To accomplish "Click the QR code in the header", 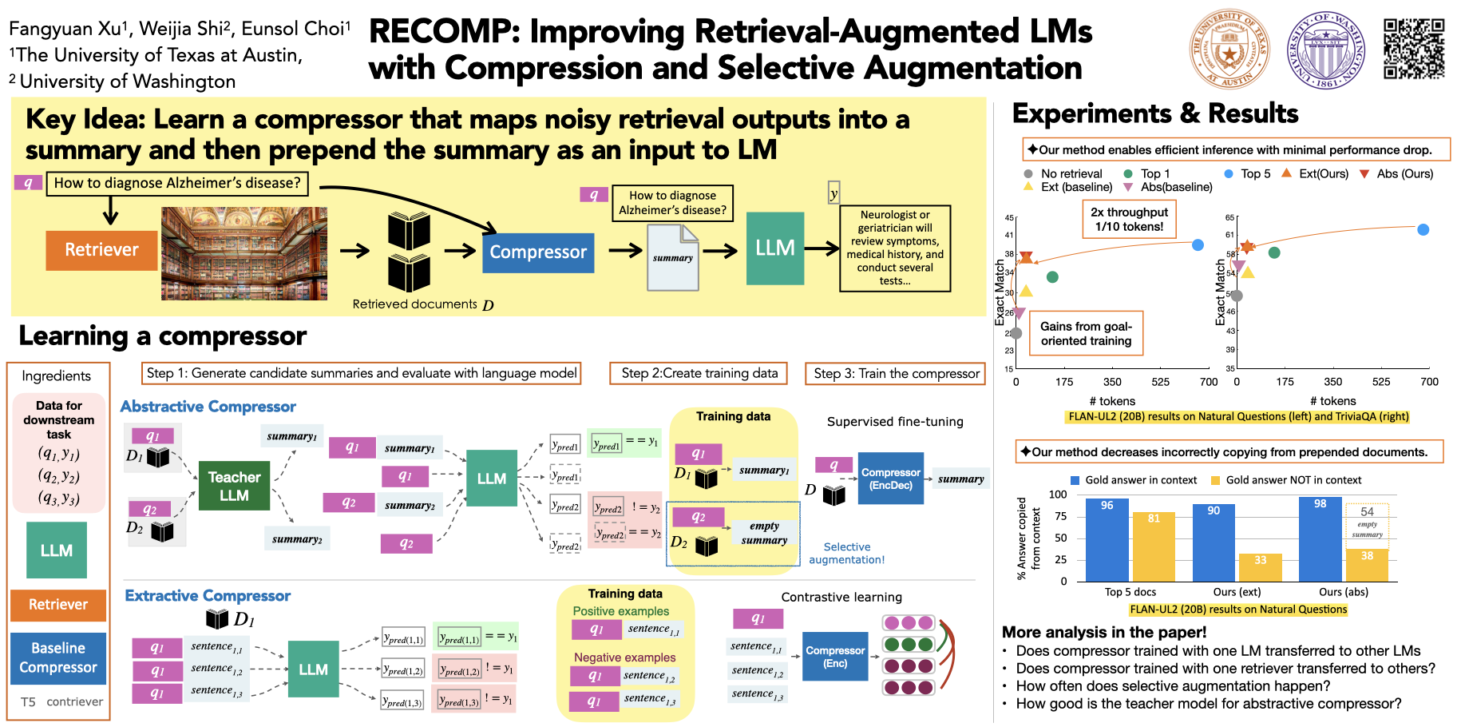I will (x=1414, y=50).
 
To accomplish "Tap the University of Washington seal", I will (x=1326, y=50).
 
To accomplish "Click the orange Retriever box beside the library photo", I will (x=101, y=250).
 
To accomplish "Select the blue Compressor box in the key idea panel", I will (x=538, y=252).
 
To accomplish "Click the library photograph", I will (x=244, y=254).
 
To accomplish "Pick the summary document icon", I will (x=673, y=257).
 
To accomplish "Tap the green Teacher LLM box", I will (x=234, y=486).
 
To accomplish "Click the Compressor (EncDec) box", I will (x=890, y=479).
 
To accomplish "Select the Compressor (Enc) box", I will (x=834, y=657).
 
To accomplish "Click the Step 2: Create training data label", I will (x=699, y=373).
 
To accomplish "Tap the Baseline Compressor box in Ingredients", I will (x=58, y=657).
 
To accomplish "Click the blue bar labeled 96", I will (x=1107, y=539).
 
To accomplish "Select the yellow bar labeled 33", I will (x=1260, y=567).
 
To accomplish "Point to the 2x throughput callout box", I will (x=1129, y=219).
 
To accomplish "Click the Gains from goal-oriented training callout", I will (x=1086, y=333).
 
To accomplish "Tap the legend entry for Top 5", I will (x=1247, y=173).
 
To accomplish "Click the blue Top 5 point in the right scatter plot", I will (x=1423, y=230).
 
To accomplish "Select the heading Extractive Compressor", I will (x=208, y=596).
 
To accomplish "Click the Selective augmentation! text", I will (x=846, y=553).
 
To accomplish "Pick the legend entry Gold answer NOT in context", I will (x=1285, y=480).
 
